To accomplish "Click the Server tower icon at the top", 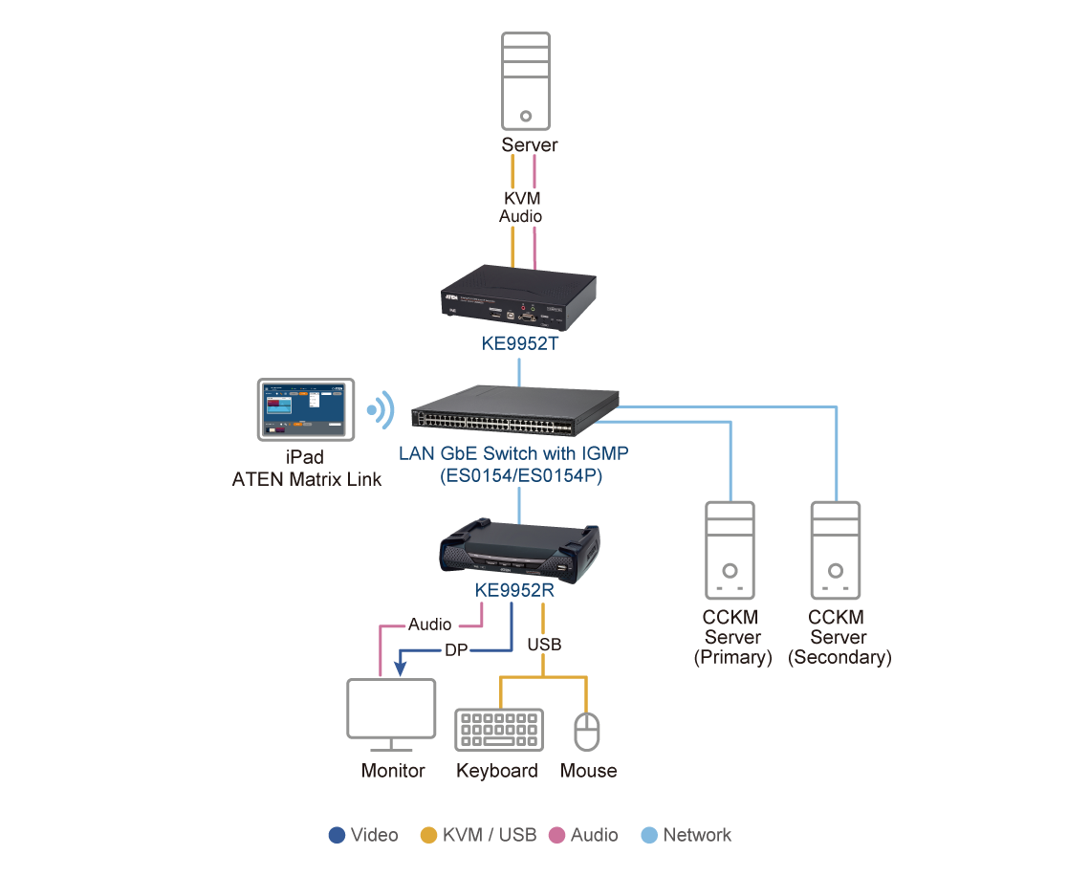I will click(x=526, y=82).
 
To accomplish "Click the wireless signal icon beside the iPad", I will click(x=382, y=409).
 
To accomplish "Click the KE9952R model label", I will click(x=515, y=590).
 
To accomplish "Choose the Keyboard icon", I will click(x=498, y=729).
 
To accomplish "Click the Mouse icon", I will click(x=586, y=731).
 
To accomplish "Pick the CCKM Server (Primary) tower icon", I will click(x=730, y=550).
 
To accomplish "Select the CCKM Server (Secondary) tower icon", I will click(x=835, y=550).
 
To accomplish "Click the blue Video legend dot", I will click(x=337, y=835).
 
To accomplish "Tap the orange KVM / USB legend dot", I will click(x=428, y=835).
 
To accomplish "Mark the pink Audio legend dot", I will click(x=556, y=835).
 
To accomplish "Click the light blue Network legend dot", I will click(x=649, y=835).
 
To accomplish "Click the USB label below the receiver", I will click(x=544, y=645).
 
